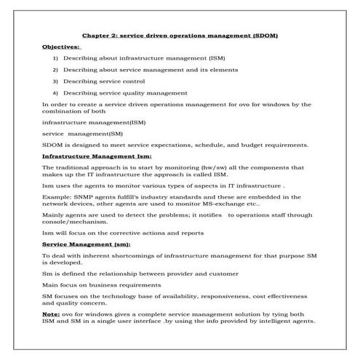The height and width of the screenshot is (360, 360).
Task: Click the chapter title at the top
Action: pyautogui.click(x=180, y=34)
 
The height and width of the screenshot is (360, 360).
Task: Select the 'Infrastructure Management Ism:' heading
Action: pyautogui.click(x=97, y=156)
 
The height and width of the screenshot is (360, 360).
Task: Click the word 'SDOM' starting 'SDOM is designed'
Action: pyautogui.click(x=53, y=145)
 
